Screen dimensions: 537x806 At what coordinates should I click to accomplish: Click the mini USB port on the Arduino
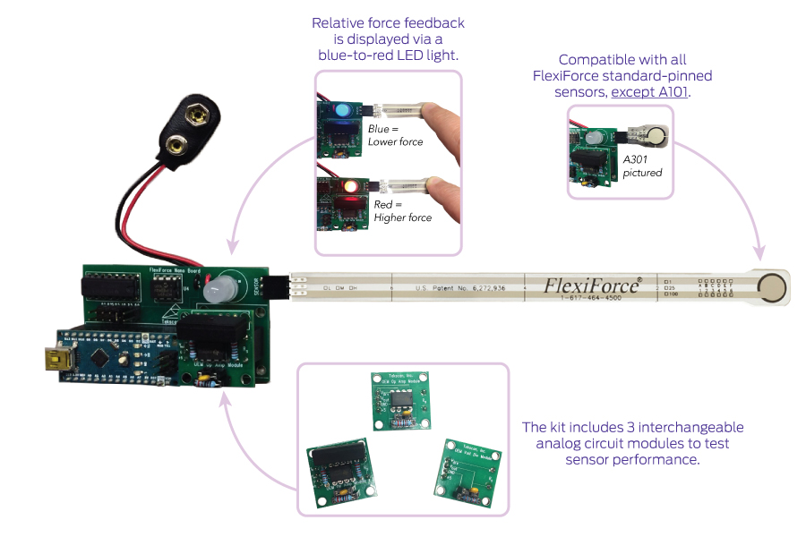tap(46, 360)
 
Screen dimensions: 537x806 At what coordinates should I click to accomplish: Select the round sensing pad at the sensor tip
tap(771, 287)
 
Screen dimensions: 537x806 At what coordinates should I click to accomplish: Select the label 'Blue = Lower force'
tap(395, 135)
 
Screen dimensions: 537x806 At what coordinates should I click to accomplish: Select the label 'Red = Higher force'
tap(402, 210)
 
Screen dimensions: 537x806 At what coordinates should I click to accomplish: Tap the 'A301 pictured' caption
tap(642, 166)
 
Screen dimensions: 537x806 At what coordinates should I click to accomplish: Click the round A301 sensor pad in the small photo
tap(659, 136)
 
